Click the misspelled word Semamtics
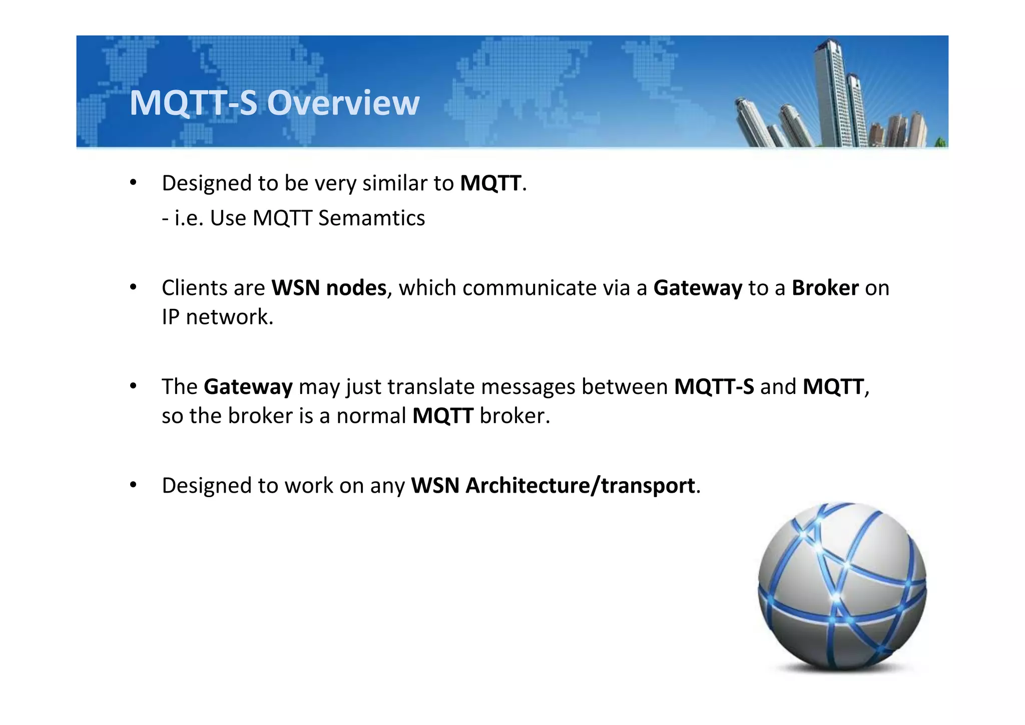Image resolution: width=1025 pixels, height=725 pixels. tap(371, 218)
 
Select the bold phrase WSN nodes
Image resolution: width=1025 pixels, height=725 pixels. tap(329, 288)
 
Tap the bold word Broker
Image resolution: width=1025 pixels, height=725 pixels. tap(825, 288)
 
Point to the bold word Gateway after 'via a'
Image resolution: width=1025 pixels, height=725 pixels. tap(697, 288)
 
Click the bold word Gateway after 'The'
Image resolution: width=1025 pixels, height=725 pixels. tap(248, 387)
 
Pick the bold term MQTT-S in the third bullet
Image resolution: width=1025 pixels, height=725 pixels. tap(714, 387)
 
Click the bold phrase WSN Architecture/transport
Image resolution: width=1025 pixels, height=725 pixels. tap(553, 486)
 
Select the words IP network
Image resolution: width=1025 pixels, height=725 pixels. tap(217, 317)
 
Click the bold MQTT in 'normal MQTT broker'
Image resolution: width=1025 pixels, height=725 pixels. tap(442, 416)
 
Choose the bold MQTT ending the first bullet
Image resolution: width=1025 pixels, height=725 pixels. tap(490, 183)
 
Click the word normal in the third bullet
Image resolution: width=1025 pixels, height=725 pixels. tap(371, 416)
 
